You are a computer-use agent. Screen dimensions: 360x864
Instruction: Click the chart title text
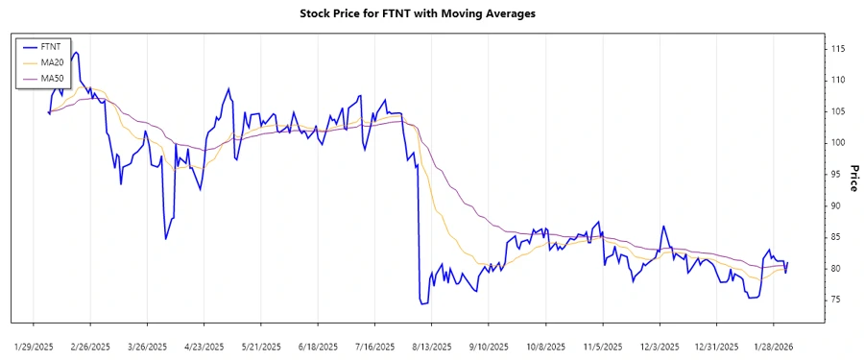coord(432,13)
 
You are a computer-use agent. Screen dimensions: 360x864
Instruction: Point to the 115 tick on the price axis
coord(838,48)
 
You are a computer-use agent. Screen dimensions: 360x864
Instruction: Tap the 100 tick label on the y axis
coord(838,143)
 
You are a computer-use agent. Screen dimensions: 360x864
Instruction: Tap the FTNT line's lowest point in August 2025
coord(421,303)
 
